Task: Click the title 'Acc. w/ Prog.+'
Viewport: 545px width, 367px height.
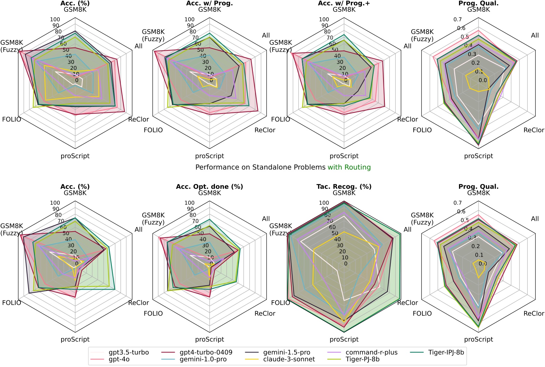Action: pyautogui.click(x=344, y=3)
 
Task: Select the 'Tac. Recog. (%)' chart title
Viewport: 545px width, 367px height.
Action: pyautogui.click(x=344, y=187)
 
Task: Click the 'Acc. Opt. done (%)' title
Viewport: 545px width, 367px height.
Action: pyautogui.click(x=209, y=187)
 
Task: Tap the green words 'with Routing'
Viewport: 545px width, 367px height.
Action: pyautogui.click(x=349, y=167)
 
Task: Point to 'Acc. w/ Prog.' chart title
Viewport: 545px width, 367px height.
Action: pyautogui.click(x=209, y=3)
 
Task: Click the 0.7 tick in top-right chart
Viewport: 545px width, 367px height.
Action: pyautogui.click(x=457, y=19)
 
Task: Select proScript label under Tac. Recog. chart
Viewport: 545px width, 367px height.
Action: pyautogui.click(x=344, y=340)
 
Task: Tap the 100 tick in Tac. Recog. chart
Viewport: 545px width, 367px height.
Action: pyautogui.click(x=324, y=203)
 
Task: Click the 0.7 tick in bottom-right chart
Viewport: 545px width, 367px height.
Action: pyautogui.click(x=457, y=203)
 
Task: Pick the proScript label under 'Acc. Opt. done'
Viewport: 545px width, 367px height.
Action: pyautogui.click(x=209, y=340)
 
